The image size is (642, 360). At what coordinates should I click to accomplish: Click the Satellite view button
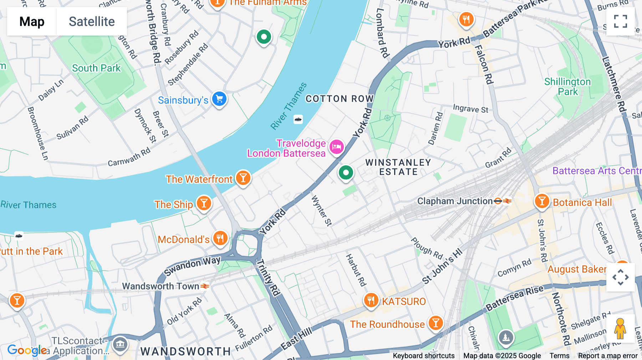92,21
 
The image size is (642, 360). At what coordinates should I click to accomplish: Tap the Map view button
32,21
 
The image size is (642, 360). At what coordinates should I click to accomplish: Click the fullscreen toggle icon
620,21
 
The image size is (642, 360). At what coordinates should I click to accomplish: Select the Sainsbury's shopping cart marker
219,99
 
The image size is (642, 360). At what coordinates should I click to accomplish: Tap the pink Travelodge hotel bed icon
336,146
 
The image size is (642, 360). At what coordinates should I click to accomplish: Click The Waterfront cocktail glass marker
243,178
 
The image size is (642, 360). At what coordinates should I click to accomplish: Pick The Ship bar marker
204,203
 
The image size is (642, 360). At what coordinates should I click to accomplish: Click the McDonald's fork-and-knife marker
220,238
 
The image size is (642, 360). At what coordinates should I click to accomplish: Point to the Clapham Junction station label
455,201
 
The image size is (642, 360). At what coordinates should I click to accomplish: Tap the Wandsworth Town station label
160,286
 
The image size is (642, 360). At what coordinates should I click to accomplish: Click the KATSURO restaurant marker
371,300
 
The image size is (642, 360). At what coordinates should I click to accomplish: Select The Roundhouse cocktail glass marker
435,323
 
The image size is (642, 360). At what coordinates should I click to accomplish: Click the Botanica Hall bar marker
541,201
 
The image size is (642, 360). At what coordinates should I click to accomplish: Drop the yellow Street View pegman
620,329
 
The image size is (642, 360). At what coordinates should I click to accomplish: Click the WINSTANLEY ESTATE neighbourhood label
398,167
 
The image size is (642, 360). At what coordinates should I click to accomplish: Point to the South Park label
96,68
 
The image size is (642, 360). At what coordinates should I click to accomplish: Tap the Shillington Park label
567,87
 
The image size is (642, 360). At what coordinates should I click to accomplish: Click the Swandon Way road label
192,266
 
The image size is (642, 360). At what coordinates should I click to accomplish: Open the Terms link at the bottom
559,356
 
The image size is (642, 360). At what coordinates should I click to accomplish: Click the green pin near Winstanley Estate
345,173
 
